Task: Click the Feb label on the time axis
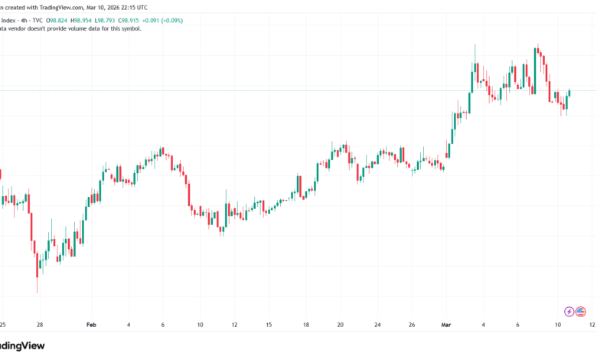click(92, 324)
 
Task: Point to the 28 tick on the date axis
click(38, 324)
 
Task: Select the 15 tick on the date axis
click(269, 324)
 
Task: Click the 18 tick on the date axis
click(305, 324)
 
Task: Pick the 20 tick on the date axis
click(341, 324)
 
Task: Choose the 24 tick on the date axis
click(377, 324)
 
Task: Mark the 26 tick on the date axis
click(412, 324)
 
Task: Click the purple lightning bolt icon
click(569, 311)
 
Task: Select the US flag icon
click(581, 311)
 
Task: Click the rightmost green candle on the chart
click(569, 93)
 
